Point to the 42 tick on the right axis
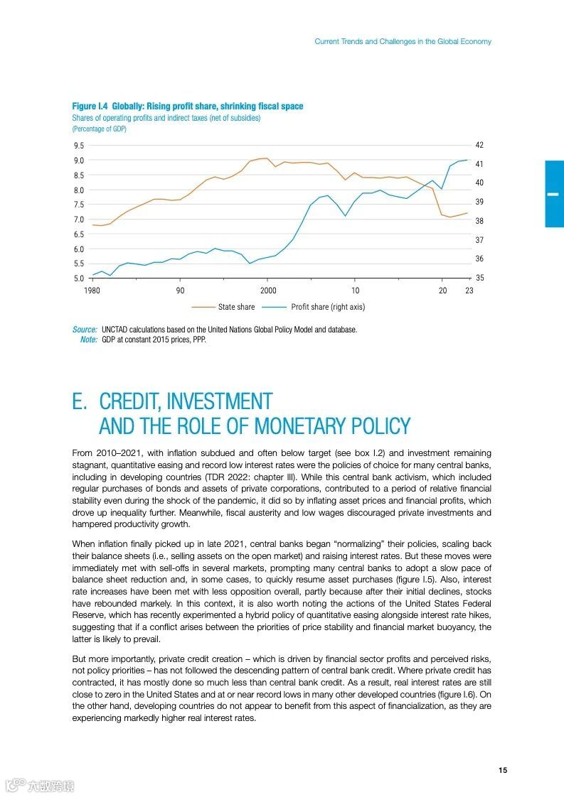479,145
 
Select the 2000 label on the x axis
268,291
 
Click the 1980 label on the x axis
92,291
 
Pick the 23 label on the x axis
469,291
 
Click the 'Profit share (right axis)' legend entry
328,307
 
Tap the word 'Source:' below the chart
85,330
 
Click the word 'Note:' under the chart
89,340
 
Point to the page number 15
502,771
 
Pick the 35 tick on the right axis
479,278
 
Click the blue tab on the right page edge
554,193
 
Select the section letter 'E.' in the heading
80,402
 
